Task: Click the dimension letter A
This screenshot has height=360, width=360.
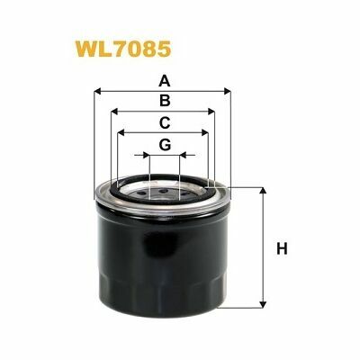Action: (x=163, y=78)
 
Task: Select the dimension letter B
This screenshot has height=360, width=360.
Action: (x=163, y=101)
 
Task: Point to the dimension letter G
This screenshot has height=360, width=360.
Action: (x=163, y=144)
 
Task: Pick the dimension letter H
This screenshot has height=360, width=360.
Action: (x=281, y=247)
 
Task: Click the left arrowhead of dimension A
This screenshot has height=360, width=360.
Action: (x=98, y=90)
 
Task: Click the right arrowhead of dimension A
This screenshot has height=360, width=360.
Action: (x=228, y=90)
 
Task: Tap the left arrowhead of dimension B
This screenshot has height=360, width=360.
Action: (x=115, y=112)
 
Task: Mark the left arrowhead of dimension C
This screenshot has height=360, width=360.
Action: (x=121, y=132)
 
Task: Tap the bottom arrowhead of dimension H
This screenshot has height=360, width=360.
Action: (x=263, y=302)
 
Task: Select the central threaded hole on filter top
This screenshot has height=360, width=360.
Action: (x=163, y=191)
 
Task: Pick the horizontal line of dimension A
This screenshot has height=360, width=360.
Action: (x=135, y=90)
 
